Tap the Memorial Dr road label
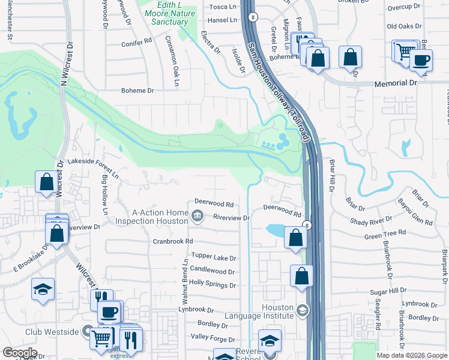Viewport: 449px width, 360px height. pos(395,84)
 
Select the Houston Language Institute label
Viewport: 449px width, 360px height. pos(260,311)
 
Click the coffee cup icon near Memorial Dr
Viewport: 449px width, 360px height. pos(421,61)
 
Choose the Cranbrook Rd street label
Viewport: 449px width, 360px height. pos(172,241)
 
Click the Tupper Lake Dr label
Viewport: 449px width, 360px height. pos(214,257)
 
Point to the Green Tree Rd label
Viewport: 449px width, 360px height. pos(385,233)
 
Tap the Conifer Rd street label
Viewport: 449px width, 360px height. pos(136,42)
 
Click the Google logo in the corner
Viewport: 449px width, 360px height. pos(20,353)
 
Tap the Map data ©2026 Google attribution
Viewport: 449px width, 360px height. pos(411,355)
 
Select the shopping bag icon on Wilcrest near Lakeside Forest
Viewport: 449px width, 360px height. pos(46,181)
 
